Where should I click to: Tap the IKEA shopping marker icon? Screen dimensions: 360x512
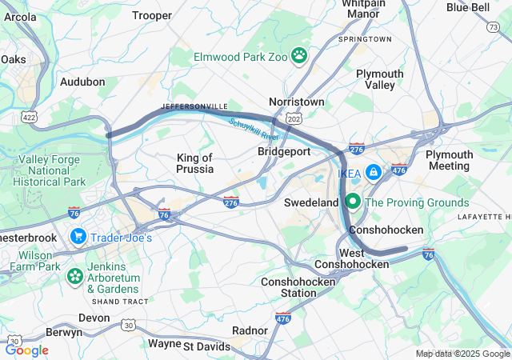pyautogui.click(x=373, y=172)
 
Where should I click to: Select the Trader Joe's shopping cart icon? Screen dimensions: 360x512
pyautogui.click(x=78, y=237)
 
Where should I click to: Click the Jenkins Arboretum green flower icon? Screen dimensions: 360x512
pyautogui.click(x=74, y=276)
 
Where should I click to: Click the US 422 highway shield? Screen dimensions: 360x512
pyautogui.click(x=30, y=117)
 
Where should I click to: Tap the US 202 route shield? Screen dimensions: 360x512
pyautogui.click(x=294, y=118)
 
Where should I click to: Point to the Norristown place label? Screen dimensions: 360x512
pyautogui.click(x=297, y=102)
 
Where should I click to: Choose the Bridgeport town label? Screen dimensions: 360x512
pyautogui.click(x=284, y=150)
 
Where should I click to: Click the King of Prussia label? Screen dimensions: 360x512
pyautogui.click(x=194, y=163)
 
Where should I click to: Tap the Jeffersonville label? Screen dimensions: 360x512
pyautogui.click(x=194, y=106)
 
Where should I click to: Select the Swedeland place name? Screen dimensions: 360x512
pyautogui.click(x=311, y=202)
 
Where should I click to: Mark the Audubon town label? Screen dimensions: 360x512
pyautogui.click(x=82, y=82)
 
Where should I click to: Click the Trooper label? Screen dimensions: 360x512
pyautogui.click(x=152, y=15)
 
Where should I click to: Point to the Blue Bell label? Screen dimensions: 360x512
pyautogui.click(x=468, y=7)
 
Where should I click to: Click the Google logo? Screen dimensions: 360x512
pyautogui.click(x=26, y=350)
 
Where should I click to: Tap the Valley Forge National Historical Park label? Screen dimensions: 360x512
pyautogui.click(x=50, y=170)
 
